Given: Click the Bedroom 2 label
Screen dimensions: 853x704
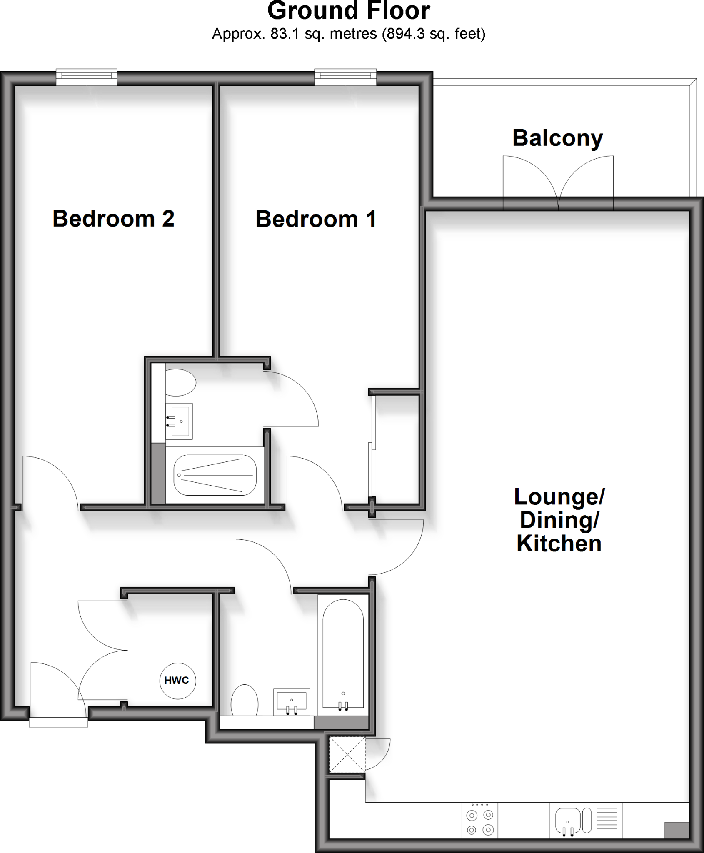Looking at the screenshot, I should click(113, 219).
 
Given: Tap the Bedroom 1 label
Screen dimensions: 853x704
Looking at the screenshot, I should click(316, 219).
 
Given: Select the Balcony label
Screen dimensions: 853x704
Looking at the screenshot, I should click(557, 138).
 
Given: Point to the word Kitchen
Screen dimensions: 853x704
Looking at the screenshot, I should click(559, 544).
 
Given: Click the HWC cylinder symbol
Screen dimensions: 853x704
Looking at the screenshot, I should click(177, 681).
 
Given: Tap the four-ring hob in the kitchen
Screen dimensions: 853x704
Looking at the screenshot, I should click(480, 822).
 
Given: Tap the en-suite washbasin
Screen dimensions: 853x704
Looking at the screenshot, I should click(179, 421).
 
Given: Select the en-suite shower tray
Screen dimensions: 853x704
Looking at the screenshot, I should click(215, 475).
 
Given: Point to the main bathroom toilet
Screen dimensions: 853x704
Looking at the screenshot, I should click(245, 701).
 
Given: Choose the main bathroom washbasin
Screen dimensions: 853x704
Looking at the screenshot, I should click(292, 702).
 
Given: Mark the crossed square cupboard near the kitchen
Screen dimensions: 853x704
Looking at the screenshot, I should click(347, 754).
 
